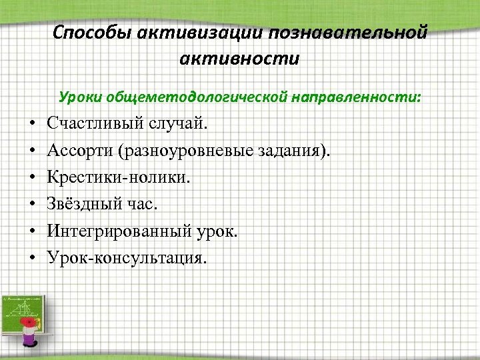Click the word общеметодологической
click(199, 97)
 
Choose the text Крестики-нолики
click(118, 177)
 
